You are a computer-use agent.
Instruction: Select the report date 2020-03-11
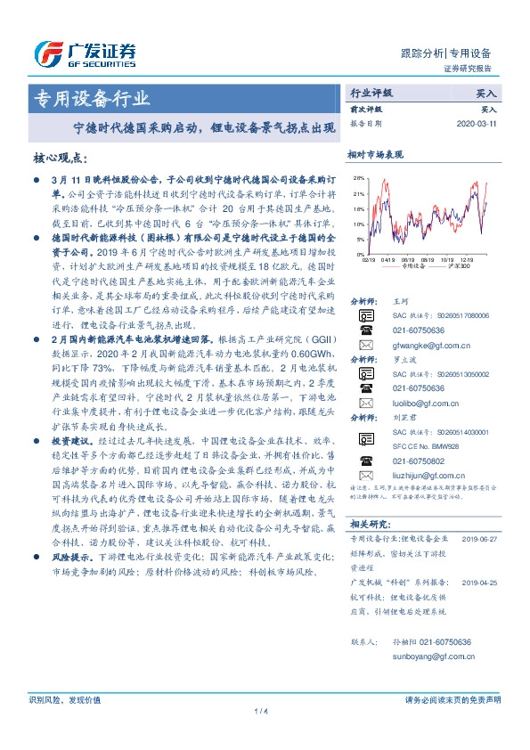coord(480,124)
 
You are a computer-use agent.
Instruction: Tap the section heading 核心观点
coord(60,158)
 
